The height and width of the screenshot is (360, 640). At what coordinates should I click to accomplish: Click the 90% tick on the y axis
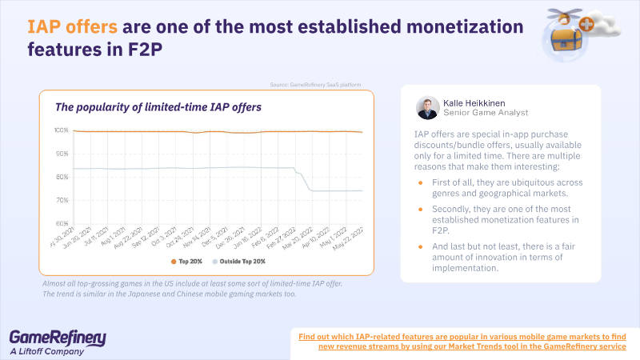[61, 154]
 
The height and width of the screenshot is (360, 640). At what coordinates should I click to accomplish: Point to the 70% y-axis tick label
[61, 200]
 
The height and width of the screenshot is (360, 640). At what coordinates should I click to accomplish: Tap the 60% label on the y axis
[61, 223]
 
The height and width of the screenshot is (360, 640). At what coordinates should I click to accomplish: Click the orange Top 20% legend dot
[172, 261]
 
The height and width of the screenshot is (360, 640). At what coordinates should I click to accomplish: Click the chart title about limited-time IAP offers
[158, 106]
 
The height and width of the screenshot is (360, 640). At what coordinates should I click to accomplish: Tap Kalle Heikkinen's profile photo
[427, 108]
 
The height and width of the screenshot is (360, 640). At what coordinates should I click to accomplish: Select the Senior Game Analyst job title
[486, 114]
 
